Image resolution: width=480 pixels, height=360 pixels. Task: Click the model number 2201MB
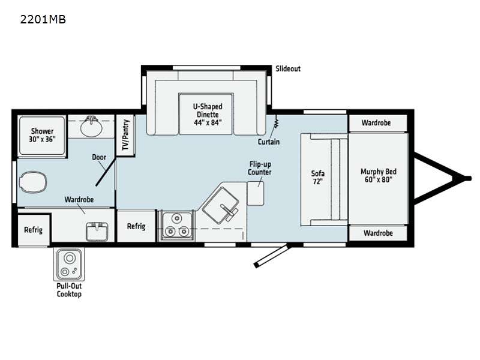[x=43, y=19]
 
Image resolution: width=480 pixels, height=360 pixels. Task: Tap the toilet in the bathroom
[x=33, y=182]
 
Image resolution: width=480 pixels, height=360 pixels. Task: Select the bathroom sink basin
[x=91, y=127]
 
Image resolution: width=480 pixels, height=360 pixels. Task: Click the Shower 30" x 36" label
[x=42, y=135]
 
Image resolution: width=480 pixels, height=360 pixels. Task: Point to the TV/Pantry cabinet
[x=125, y=135]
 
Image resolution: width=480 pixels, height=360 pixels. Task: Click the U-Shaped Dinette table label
[x=208, y=115]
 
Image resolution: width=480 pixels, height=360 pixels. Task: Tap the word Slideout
[x=288, y=68]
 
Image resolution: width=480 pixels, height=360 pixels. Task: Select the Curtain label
[x=268, y=142]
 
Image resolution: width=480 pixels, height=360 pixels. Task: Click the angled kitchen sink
[x=221, y=205]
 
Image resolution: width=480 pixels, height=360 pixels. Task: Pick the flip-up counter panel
[x=256, y=193]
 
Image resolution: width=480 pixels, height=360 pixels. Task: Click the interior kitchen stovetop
[x=176, y=226]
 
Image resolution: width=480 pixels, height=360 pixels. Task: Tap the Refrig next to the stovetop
[x=136, y=226]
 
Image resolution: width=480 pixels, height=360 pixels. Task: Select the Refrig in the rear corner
[x=34, y=230]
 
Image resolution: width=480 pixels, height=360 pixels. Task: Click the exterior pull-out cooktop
[x=69, y=264]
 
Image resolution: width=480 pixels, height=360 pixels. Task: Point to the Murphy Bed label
[x=379, y=175]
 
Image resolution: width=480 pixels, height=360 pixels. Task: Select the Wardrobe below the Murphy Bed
[x=378, y=233]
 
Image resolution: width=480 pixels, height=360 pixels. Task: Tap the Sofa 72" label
[x=318, y=177]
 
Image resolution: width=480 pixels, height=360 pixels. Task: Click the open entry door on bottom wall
[x=271, y=255]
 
